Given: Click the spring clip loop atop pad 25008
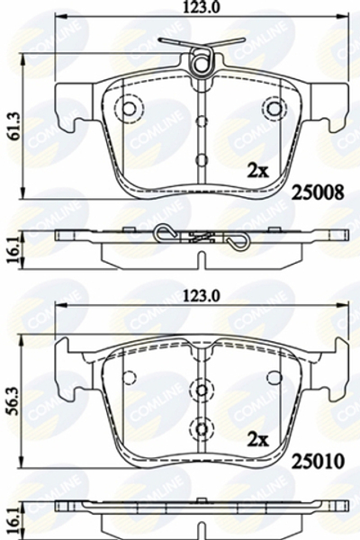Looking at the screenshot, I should pos(204,60).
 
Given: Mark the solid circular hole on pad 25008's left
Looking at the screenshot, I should pos(128,109).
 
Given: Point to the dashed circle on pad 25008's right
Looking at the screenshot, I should pos(272,109).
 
